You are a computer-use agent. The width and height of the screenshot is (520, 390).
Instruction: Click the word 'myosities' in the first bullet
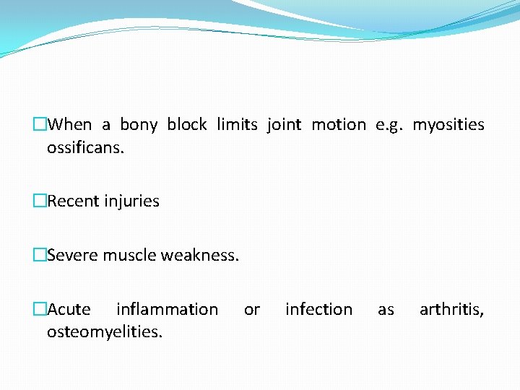448,126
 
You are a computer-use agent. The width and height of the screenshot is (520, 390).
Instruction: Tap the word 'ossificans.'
85,148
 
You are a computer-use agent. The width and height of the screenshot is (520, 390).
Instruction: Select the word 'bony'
139,125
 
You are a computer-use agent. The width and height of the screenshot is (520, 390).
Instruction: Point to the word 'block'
187,125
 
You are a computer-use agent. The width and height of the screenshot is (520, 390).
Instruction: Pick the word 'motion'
339,125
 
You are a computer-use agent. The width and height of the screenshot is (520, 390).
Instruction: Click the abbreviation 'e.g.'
389,126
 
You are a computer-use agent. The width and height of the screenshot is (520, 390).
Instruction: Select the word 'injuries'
131,201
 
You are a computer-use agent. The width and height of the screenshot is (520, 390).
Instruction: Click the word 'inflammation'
167,310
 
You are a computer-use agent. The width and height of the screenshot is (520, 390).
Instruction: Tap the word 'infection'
318,310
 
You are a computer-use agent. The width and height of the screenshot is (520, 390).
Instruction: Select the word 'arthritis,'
451,310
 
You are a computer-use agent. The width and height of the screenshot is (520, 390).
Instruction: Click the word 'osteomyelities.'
105,332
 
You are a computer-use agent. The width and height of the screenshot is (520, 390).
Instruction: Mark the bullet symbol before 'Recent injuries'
40,201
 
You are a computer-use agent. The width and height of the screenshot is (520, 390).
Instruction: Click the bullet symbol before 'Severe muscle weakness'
40,255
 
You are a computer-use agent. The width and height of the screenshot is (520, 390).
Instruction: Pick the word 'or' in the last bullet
251,310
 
